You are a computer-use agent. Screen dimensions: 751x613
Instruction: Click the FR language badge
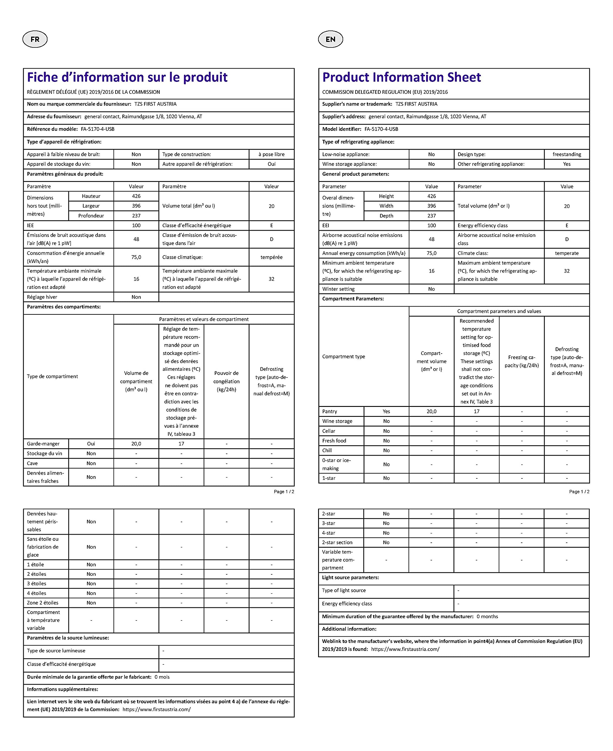(35, 39)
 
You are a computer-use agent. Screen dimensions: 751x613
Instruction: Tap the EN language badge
(330, 39)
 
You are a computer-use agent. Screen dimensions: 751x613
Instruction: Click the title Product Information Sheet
(401, 77)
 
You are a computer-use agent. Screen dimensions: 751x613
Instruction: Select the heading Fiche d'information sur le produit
(127, 77)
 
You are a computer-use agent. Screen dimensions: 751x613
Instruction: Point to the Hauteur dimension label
(91, 196)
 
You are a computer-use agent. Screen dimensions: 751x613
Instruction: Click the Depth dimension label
(386, 216)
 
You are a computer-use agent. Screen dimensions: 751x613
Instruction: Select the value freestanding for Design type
(567, 154)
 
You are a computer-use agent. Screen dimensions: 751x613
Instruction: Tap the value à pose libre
(271, 154)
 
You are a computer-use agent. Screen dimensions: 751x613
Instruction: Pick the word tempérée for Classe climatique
(271, 257)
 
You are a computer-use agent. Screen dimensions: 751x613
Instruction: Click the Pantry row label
(330, 412)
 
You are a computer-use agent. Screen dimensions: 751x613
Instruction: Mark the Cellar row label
(329, 431)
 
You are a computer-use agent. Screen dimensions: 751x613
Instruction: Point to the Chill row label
(327, 450)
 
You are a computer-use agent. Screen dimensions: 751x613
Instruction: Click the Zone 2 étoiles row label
(43, 603)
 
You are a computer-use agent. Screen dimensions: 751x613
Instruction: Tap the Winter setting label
(338, 289)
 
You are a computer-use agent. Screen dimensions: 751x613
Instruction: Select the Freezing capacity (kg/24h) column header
(521, 361)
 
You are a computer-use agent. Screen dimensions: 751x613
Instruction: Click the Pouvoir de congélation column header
(226, 381)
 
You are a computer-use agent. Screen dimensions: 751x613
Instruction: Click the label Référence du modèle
(52, 129)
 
